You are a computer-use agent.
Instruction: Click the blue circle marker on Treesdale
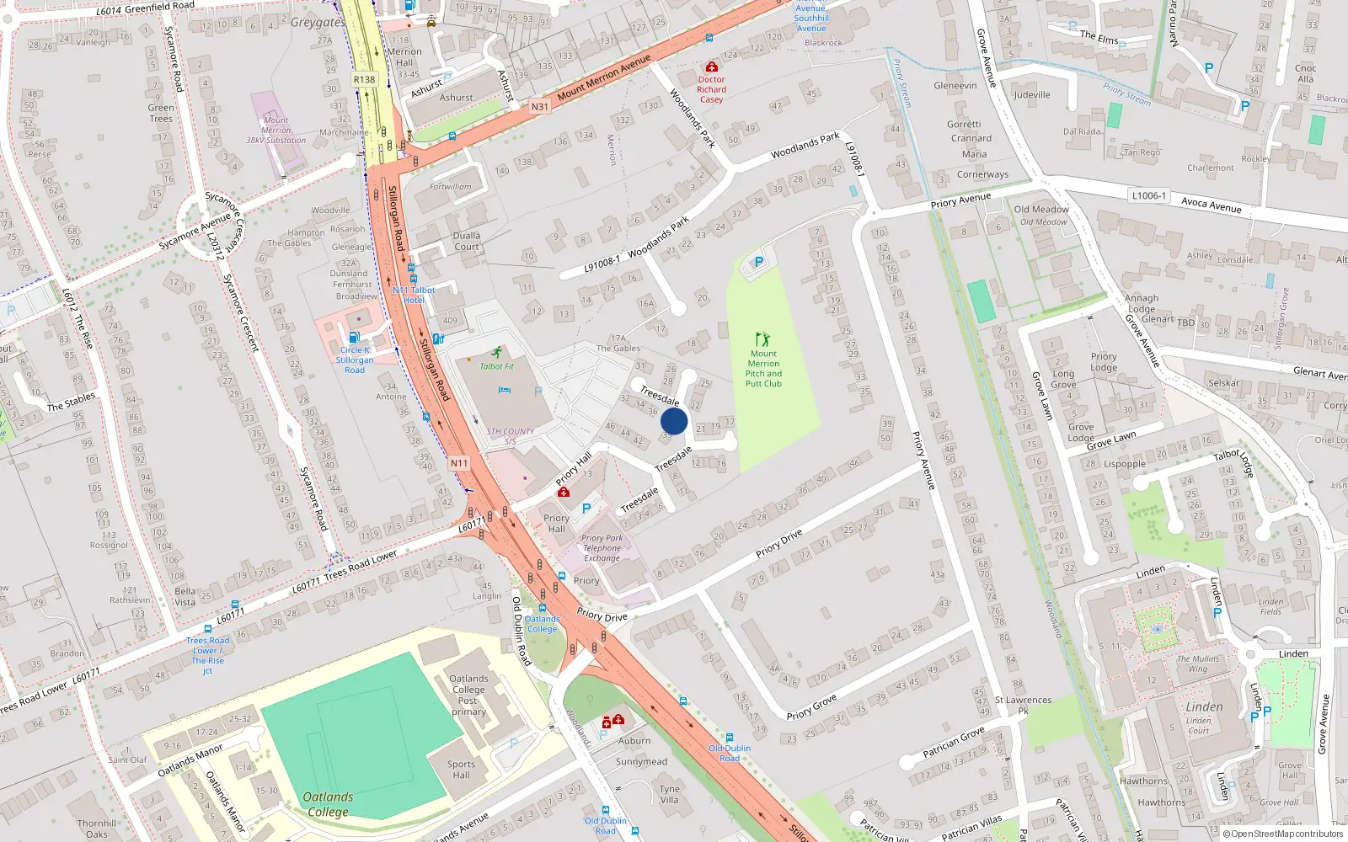[674, 422]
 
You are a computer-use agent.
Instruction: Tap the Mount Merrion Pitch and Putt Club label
[763, 369]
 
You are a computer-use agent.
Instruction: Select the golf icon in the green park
[763, 339]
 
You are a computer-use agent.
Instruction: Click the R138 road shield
[364, 80]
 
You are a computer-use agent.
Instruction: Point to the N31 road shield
[539, 107]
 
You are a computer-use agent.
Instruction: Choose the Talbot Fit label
[497, 366]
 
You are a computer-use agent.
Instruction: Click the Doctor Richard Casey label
[711, 89]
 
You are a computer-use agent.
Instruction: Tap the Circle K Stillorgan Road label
[355, 360]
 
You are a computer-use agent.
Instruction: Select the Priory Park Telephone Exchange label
[602, 548]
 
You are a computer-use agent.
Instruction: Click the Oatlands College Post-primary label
[468, 695]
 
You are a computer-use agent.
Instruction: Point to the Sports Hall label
[461, 770]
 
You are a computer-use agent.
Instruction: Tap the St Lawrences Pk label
[1023, 705]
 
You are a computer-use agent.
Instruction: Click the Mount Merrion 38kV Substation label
[275, 131]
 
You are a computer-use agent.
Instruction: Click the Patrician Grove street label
[954, 742]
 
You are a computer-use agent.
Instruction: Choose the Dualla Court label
[467, 242]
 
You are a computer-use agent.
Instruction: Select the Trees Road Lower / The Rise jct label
[207, 655]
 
